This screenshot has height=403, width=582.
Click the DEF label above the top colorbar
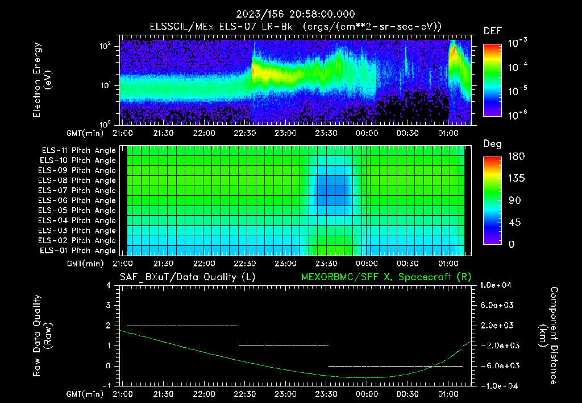click(x=492, y=31)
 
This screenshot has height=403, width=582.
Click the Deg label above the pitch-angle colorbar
click(x=492, y=145)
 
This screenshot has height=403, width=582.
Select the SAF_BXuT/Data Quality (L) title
click(x=187, y=277)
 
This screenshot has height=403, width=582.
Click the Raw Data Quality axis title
click(x=42, y=336)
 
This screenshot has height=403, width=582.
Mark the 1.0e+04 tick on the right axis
click(x=498, y=285)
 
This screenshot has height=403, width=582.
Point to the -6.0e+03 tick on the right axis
click(x=498, y=365)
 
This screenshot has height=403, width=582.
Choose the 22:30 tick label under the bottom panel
click(x=244, y=393)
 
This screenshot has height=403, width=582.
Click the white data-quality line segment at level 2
click(x=182, y=326)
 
